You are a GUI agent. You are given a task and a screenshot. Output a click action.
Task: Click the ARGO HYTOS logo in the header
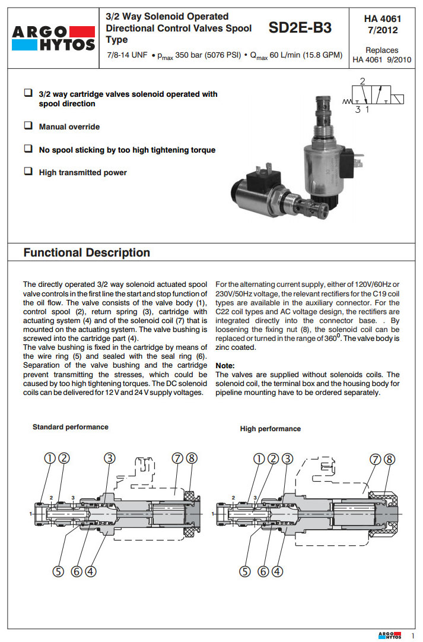click(x=53, y=37)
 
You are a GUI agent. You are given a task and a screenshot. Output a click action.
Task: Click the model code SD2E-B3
click(x=300, y=27)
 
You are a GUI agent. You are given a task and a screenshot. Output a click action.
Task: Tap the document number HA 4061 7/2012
click(x=382, y=24)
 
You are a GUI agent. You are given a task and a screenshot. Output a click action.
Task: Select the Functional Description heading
click(x=87, y=252)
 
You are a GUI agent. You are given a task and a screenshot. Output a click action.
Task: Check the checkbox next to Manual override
click(x=28, y=126)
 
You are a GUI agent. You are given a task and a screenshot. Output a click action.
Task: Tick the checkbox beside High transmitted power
click(x=28, y=172)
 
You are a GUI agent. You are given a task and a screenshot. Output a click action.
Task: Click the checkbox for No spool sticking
click(x=28, y=149)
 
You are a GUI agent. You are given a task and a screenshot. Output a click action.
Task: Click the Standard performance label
click(x=71, y=427)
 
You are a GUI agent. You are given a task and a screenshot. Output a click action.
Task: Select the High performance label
click(x=270, y=429)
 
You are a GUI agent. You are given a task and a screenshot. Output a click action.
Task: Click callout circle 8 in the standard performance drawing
click(x=190, y=458)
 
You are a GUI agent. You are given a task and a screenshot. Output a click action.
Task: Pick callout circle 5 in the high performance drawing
click(x=246, y=571)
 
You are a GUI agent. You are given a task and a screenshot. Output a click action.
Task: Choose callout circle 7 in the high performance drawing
click(x=375, y=459)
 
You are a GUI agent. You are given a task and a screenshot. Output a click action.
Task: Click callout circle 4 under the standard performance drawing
click(x=90, y=571)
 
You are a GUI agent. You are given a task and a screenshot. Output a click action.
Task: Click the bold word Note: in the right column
click(x=225, y=365)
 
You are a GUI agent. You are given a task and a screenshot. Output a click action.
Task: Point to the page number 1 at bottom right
click(x=413, y=635)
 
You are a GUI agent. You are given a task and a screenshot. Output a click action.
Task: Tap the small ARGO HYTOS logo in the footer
click(x=390, y=635)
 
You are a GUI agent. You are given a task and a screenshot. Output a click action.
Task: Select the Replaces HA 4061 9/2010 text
click(x=381, y=55)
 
